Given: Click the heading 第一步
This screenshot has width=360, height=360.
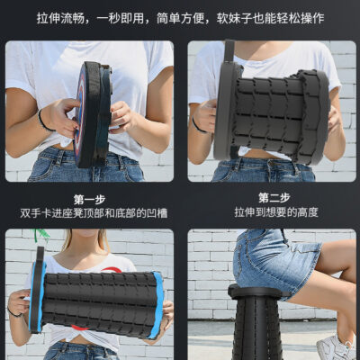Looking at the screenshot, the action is point(89,200).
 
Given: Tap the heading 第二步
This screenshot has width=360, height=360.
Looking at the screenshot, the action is point(274,198).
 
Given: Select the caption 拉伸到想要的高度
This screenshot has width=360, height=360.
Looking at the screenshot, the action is point(276,212).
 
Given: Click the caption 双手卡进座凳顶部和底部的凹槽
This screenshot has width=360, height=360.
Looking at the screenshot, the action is point(94,213).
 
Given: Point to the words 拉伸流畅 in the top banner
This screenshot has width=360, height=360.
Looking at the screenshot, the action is point(60,18).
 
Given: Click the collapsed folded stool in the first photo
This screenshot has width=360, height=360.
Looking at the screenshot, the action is point(93,114).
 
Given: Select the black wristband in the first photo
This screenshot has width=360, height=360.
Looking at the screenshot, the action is point(44,121).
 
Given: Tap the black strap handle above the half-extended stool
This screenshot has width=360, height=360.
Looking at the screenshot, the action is point(229,51).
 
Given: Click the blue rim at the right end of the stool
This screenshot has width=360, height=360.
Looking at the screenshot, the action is point(157,304).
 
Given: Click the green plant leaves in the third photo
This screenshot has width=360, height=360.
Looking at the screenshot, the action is point(42,235).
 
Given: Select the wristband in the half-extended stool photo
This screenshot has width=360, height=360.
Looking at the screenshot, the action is point(198,125).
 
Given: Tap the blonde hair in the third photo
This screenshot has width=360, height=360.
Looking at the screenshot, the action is point(67,241).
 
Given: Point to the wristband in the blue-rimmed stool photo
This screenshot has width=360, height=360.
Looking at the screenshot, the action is point(14,312).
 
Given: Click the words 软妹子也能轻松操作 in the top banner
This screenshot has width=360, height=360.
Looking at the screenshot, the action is point(270,18).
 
